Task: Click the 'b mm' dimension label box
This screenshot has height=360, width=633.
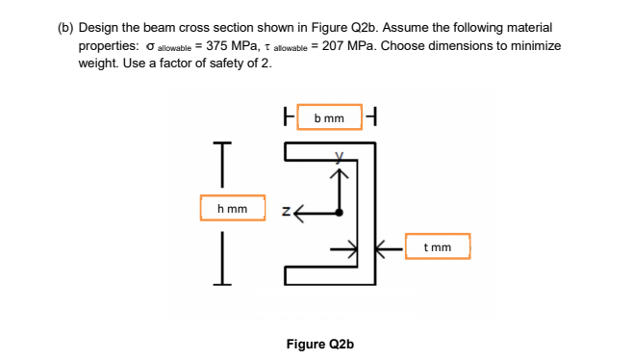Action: pyautogui.click(x=330, y=117)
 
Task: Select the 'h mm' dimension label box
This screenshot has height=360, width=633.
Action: pyautogui.click(x=233, y=208)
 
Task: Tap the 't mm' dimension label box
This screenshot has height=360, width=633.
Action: pyautogui.click(x=437, y=246)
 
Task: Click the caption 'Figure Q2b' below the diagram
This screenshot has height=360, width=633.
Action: pyautogui.click(x=320, y=344)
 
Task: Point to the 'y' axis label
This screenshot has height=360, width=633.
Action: pyautogui.click(x=339, y=156)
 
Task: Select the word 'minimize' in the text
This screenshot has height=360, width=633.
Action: pyautogui.click(x=535, y=46)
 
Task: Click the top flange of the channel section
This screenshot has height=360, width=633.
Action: pyautogui.click(x=327, y=146)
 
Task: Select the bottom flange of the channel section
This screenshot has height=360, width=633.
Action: pyautogui.click(x=327, y=279)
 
